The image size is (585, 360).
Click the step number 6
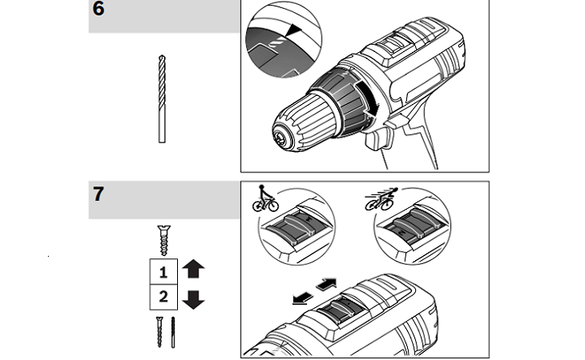98,9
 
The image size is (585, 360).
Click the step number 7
98,194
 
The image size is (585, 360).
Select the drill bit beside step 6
162,99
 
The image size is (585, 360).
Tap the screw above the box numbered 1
164,241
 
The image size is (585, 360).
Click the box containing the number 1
163,271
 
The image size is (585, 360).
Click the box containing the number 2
163,297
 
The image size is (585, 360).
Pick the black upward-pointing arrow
193,269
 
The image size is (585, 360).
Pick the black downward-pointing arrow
193,300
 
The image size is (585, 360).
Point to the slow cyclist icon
265,198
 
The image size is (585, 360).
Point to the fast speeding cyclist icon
381,199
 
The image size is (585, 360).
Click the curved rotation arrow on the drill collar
367,98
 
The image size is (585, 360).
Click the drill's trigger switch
378,139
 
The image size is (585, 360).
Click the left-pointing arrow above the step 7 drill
303,297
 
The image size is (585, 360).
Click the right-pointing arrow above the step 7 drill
327,284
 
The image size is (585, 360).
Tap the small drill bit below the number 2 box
173,332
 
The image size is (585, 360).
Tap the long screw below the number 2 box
160,332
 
